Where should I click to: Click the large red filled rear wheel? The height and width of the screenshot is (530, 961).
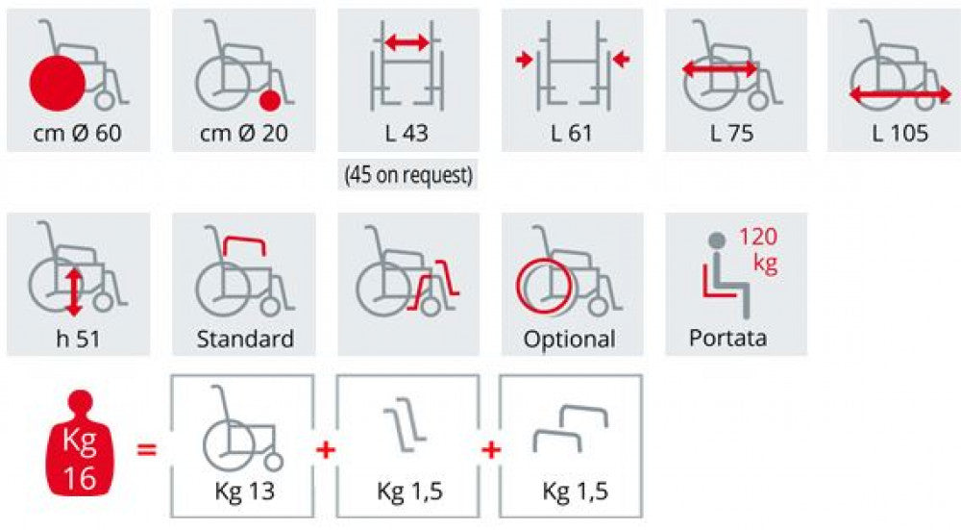coord(58,83)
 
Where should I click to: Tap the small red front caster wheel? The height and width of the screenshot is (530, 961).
coord(270,100)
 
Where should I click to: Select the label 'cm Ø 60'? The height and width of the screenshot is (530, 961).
coord(77,133)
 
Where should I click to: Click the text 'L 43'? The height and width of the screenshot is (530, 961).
coord(407,133)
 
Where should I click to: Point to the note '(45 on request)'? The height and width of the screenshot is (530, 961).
coord(408,175)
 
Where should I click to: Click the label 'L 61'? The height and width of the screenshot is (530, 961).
coord(572,133)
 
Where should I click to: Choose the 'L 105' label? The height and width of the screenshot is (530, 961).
coord(899,133)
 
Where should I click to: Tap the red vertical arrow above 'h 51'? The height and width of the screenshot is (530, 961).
coord(74,292)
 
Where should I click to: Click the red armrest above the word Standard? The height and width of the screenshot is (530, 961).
coord(244,245)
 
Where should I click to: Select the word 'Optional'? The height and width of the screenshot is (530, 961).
coord(569,340)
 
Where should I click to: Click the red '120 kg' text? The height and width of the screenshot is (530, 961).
coord(759,250)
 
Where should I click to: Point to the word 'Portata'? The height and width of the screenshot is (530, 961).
coord(727,338)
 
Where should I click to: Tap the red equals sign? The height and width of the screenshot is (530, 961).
coord(146,449)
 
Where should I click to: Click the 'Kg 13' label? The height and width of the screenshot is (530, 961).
coord(244,491)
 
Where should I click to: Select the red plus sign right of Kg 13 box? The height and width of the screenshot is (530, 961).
coord(326,450)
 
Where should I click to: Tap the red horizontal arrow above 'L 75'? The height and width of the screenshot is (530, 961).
coord(720,68)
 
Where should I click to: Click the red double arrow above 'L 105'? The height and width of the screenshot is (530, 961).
coord(899,94)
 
